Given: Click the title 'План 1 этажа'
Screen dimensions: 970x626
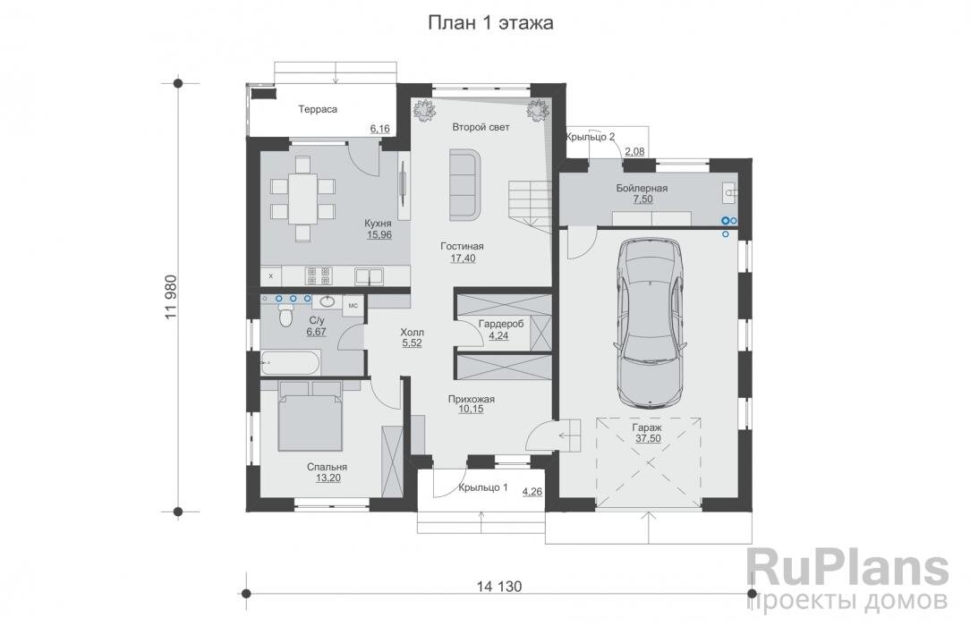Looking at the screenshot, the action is pos(490,23).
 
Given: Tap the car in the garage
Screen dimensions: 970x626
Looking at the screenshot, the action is pos(651,322).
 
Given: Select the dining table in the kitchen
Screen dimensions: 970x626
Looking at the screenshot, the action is pos(302,199).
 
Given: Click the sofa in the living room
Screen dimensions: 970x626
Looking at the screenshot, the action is pos(465,184).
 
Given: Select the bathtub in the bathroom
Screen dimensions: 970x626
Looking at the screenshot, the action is pos(290,362).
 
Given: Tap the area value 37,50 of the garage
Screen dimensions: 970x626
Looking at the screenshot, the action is pos(648,438).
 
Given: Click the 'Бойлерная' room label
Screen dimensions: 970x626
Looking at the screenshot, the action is pos(642,188).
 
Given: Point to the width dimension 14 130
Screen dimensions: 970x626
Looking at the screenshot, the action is pos(499,586).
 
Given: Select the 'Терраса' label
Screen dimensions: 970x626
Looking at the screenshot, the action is pos(318,109).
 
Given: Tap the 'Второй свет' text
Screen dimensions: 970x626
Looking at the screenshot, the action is pos(481,127).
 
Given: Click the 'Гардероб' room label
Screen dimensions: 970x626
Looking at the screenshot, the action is pos(501,324).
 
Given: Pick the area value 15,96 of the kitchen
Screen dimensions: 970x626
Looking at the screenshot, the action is pos(379,235).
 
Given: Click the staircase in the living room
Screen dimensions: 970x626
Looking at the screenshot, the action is pos(530,206).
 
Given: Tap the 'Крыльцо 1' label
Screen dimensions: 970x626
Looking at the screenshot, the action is pos(483,487).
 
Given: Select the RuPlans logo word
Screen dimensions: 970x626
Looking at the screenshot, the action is pos(847,567).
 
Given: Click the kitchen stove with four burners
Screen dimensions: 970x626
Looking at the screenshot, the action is pos(319,275).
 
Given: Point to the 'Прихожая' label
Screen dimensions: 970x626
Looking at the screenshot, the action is pos(472,399).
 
